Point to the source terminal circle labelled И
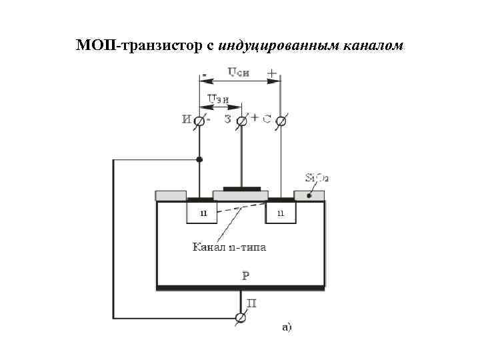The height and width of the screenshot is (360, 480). click(199, 120)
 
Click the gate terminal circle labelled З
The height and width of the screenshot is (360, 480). click(241, 120)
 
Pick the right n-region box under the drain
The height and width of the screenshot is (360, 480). click(281, 213)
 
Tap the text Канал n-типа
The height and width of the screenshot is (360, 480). click(229, 247)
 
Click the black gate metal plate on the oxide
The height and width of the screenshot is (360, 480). click(241, 189)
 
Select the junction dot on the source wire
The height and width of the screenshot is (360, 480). click(199, 159)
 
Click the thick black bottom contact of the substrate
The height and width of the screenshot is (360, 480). click(241, 288)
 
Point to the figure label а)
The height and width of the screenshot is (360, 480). click(287, 327)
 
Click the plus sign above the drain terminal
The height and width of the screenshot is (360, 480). click(272, 72)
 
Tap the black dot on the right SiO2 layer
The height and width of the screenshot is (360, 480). click(308, 196)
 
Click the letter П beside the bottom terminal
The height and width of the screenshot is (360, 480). click(252, 304)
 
